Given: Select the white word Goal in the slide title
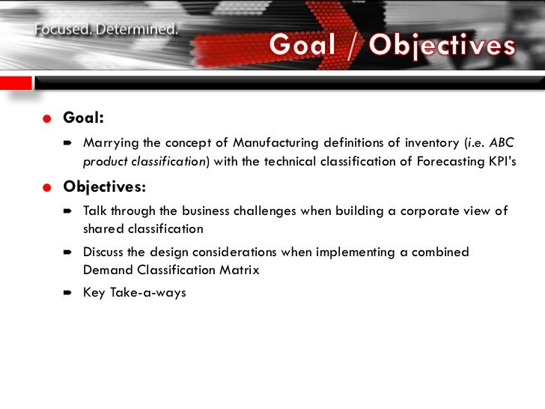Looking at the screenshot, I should pos(302,46).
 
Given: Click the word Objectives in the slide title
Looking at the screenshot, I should pos(442,46).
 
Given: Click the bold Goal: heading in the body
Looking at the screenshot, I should pos(83,118).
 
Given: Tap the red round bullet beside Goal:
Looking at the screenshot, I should pos(47,119).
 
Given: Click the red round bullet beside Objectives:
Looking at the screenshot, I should pos(47,188).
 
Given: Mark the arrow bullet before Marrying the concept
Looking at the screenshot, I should pos(67,143).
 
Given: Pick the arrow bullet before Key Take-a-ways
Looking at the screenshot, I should pos(67,293).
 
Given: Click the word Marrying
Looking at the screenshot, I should pos(109,143).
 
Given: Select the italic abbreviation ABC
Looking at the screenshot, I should pos(501,143).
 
